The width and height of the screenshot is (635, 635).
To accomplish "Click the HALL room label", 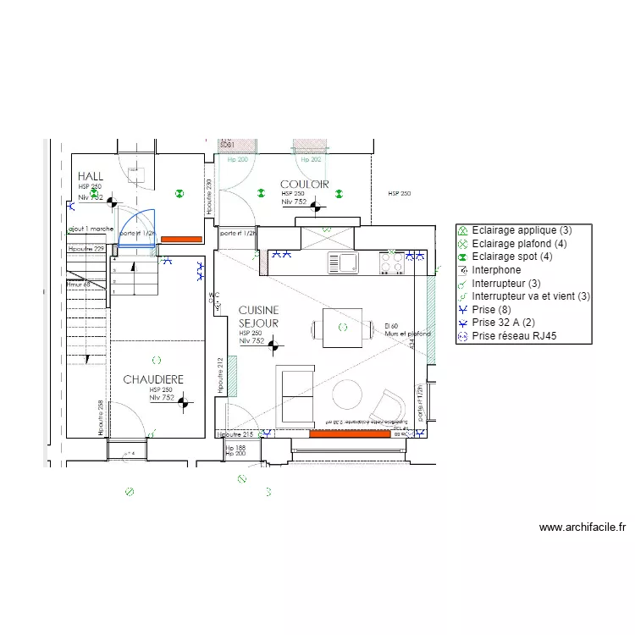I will point(91,176).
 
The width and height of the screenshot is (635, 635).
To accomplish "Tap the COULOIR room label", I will point(304,184).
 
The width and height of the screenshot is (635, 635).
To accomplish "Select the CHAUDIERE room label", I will point(153,379).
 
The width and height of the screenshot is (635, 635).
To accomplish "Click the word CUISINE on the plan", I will point(258,311).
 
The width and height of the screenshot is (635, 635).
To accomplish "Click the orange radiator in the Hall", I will point(181,240).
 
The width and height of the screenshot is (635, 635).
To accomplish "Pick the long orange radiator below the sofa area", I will point(353,433).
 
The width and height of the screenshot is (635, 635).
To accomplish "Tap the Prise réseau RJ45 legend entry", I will point(519,336).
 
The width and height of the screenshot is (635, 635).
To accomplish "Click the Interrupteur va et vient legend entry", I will point(531,296).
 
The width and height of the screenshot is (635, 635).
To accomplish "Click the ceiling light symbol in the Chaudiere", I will point(155,360).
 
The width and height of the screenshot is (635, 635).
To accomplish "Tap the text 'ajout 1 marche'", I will point(90,229).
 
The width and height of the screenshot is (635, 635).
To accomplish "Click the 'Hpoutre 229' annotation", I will point(86,249).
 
